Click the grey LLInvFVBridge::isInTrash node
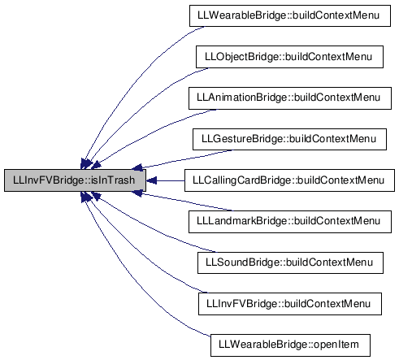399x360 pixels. pyautogui.click(x=75, y=180)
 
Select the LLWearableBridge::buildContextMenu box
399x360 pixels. pyautogui.click(x=290, y=15)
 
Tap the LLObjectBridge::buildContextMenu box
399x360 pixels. pyautogui.click(x=289, y=57)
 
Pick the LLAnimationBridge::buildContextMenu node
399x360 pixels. pyautogui.click(x=290, y=98)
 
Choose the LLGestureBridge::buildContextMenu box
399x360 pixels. pyautogui.click(x=289, y=139)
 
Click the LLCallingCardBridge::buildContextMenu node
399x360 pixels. pyautogui.click(x=289, y=180)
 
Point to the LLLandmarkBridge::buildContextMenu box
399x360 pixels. pyautogui.click(x=290, y=222)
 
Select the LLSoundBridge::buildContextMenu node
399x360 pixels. pyautogui.click(x=290, y=262)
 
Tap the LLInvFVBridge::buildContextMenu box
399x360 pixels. pyautogui.click(x=290, y=304)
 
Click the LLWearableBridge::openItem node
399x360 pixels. pyautogui.click(x=290, y=345)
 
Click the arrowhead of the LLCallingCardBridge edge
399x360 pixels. pyautogui.click(x=151, y=180)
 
